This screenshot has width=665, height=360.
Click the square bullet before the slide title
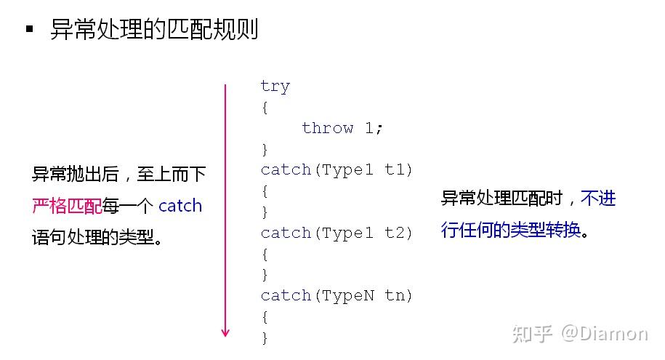point(29,29)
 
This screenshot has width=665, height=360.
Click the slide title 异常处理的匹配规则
point(154,29)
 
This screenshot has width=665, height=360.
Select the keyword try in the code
point(275,86)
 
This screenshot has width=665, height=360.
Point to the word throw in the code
point(327,127)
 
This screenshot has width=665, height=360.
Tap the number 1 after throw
point(369,127)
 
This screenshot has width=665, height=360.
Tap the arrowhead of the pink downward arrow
point(225,332)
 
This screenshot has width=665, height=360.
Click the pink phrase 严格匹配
point(67,206)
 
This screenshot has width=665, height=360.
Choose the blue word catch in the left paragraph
point(180,206)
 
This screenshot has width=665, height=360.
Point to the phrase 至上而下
point(172,174)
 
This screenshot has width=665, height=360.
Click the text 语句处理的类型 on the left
point(93,237)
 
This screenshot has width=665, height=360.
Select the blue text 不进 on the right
point(598,198)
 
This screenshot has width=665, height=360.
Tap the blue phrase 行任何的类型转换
point(511,230)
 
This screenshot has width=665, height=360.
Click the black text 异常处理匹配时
point(501,198)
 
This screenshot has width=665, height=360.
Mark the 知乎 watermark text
point(532,334)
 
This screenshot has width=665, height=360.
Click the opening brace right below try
point(265,108)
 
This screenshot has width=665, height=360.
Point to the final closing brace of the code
point(265,337)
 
